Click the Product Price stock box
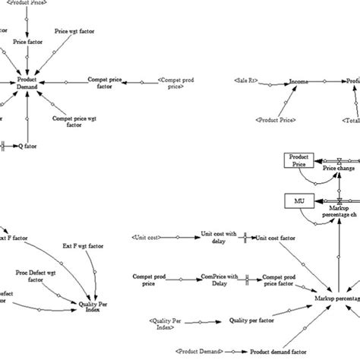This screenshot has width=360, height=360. pyautogui.click(x=298, y=160)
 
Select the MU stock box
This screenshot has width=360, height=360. pyautogui.click(x=298, y=201)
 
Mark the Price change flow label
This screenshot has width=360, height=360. pyautogui.click(x=339, y=168)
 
